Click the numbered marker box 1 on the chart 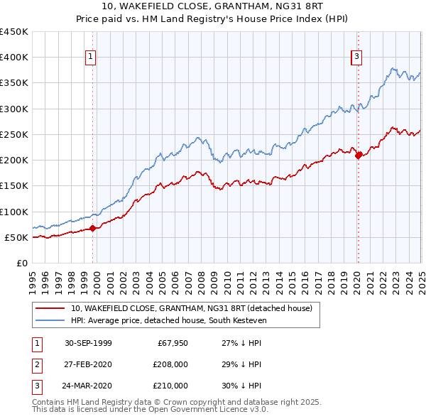(x=92, y=58)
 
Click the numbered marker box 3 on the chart (x=356, y=58)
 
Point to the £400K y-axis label (x=14, y=58)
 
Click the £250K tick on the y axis (x=14, y=134)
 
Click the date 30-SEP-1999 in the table (x=88, y=343)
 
